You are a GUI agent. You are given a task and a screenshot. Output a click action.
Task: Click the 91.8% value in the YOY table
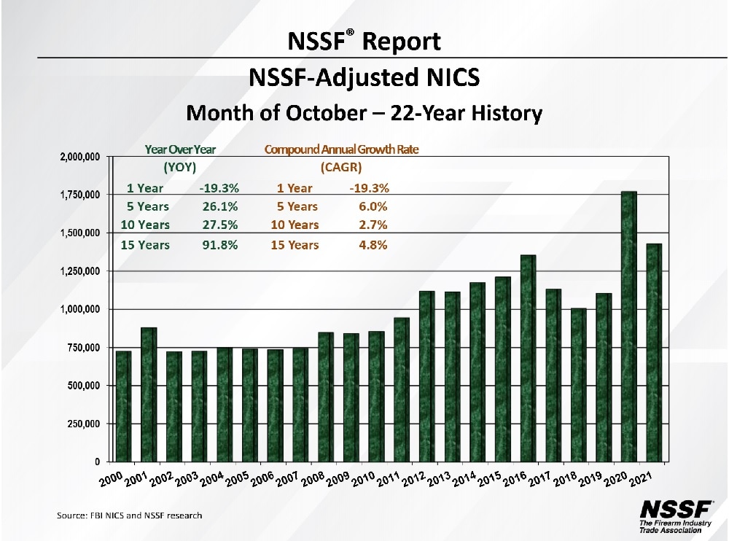click(220, 245)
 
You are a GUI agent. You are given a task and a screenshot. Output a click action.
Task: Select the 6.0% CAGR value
click(372, 207)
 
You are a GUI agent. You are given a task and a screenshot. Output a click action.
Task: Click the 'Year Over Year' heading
click(181, 149)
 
